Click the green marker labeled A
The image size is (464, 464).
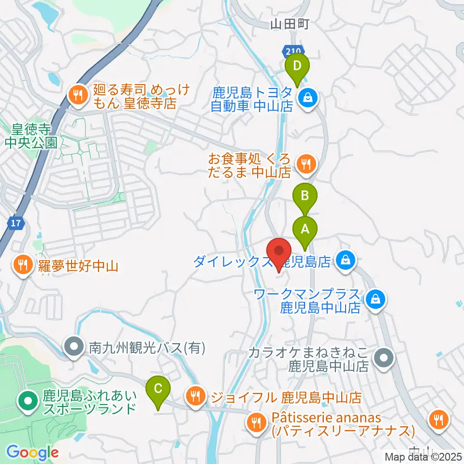(305, 230)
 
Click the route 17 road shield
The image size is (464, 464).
(16, 223)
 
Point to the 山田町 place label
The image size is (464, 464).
(289, 24)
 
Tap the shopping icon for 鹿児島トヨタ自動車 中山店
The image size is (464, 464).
(306, 98)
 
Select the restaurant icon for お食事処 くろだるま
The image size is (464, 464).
(305, 165)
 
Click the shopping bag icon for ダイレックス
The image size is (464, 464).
(346, 261)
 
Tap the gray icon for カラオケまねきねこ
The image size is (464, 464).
(385, 358)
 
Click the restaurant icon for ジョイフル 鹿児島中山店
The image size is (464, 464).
(195, 397)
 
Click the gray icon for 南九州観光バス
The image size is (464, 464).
(74, 347)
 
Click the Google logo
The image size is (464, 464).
(32, 453)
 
